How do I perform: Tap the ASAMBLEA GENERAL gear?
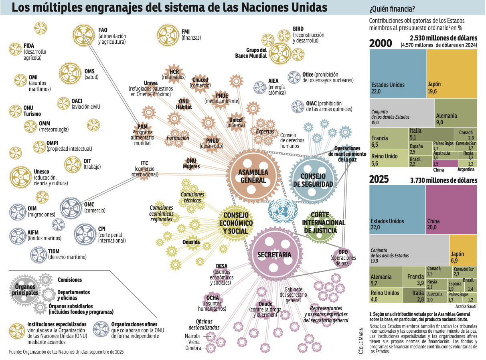tap(253, 176)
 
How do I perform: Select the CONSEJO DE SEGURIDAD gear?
tap(313, 179)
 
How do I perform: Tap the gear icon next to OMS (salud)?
tap(71, 75)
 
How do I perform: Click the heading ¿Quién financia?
tap(392, 8)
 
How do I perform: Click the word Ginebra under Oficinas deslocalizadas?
tap(193, 348)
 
